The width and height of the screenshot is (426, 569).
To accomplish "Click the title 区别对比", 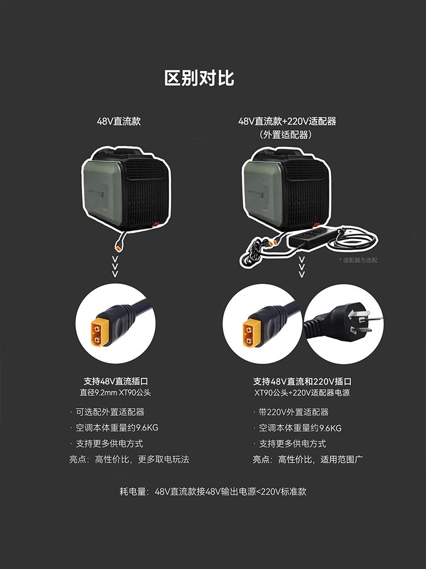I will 199,78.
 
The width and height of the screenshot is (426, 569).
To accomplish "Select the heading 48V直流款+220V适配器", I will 287,121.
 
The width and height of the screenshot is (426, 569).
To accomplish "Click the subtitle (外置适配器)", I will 287,135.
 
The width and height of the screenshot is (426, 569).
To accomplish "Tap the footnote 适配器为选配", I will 358,260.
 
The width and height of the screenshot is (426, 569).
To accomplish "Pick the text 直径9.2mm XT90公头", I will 115,393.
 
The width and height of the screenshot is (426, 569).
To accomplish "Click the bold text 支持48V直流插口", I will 115,381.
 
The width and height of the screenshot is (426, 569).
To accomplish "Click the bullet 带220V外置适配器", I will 293,412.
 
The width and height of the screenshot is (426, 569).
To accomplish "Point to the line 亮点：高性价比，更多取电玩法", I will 129,459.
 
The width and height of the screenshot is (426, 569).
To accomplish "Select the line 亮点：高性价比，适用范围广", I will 308,459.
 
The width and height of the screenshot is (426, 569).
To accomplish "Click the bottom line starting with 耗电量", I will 212,491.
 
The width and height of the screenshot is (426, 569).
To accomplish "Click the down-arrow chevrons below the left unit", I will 115,266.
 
